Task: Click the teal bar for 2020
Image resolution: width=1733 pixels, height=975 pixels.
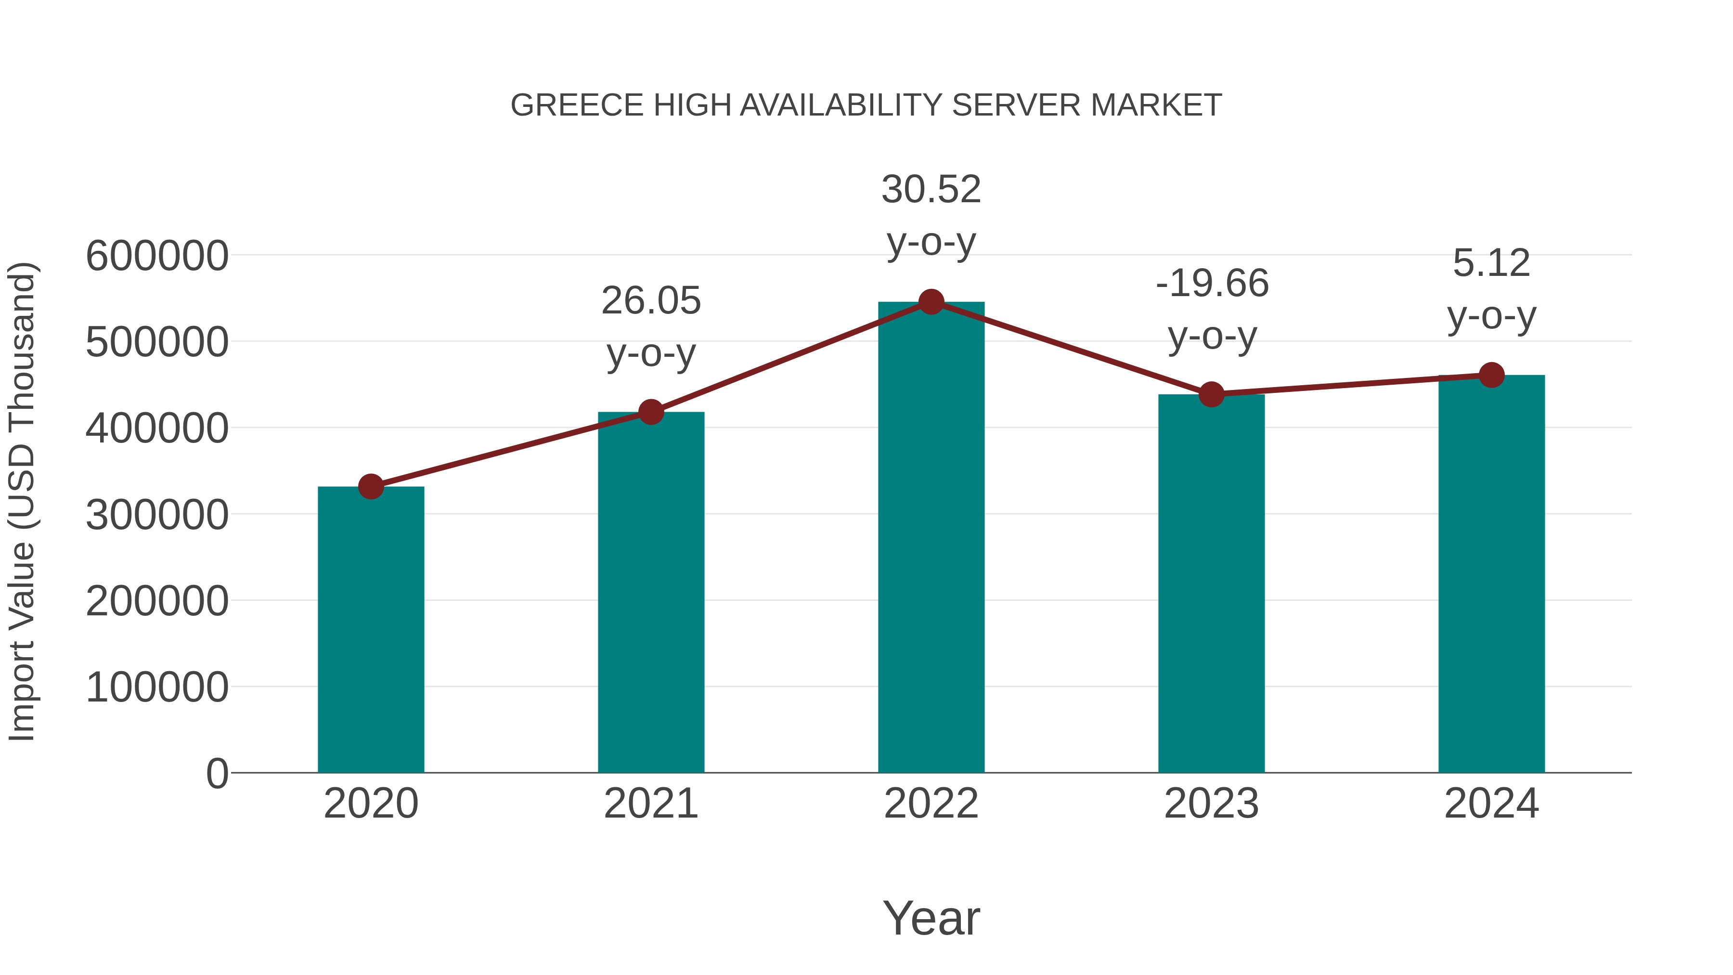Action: [x=371, y=629]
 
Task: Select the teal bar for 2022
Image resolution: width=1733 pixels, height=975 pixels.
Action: [x=931, y=538]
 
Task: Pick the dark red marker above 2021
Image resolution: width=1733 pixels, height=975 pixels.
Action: [x=650, y=412]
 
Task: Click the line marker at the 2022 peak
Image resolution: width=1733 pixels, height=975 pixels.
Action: [x=931, y=302]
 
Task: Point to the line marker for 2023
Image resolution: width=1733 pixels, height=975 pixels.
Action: [x=1211, y=394]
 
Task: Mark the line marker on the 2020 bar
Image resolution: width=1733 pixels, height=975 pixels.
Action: [x=371, y=486]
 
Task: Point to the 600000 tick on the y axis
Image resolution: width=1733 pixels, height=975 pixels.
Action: [x=157, y=256]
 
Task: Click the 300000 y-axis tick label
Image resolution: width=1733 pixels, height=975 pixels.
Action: [x=157, y=515]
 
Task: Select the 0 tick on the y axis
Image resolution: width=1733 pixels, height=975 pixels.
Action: [x=217, y=773]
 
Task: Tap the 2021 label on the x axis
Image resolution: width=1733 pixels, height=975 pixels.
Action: [x=650, y=804]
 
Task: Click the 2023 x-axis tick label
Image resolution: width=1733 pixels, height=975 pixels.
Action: [x=1211, y=804]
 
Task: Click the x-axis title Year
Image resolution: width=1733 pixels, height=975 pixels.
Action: [x=931, y=918]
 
